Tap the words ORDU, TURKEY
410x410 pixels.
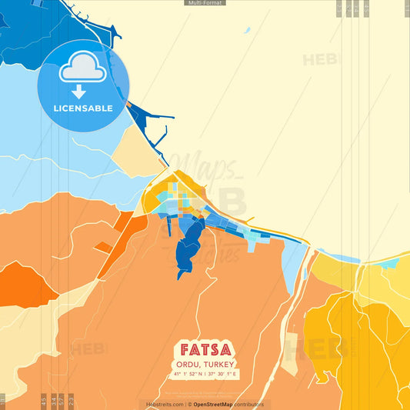(x=205, y=364)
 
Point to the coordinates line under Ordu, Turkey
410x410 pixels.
(x=205, y=375)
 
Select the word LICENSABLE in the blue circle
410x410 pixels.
(x=83, y=108)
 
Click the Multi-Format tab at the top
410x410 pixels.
(x=205, y=3)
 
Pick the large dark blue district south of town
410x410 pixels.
(x=188, y=246)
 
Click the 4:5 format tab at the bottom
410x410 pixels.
(x=44, y=400)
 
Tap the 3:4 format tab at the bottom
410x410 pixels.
(x=53, y=400)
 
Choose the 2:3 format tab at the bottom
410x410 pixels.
(x=72, y=400)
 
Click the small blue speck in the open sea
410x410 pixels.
(x=246, y=31)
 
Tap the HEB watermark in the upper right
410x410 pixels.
(x=319, y=60)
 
